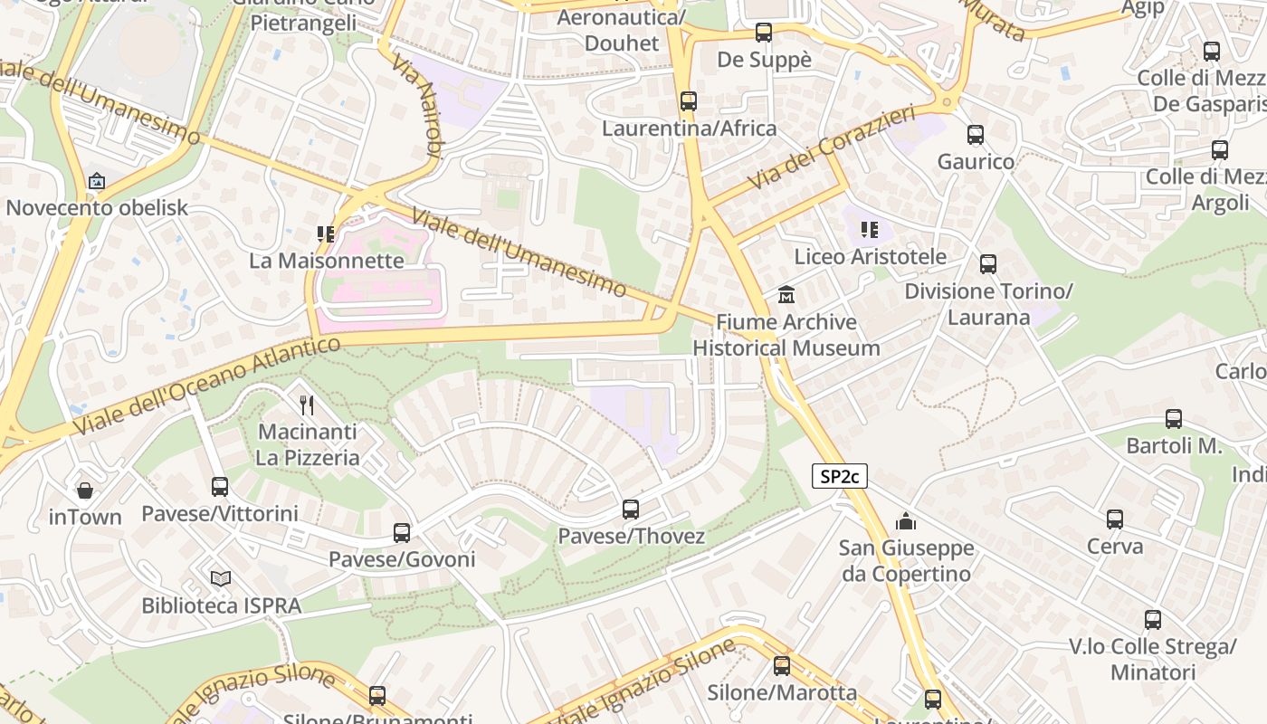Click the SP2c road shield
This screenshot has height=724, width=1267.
839,476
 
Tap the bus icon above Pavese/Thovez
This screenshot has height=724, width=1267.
631,510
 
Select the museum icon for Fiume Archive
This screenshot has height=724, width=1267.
786,295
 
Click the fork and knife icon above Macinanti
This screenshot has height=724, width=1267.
307,405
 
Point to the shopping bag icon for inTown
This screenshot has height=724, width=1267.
85,491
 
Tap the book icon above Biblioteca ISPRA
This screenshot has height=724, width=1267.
221,578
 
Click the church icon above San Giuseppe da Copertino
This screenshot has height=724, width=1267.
905,521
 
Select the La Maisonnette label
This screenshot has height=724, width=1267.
327,261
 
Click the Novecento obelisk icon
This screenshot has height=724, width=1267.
97,181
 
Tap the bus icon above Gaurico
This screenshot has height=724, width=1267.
976,135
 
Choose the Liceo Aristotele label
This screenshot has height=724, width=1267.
870,256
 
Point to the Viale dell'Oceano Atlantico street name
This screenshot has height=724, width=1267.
206,385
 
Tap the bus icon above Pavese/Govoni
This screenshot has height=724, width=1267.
402,533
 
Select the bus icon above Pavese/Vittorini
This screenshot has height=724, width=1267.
220,487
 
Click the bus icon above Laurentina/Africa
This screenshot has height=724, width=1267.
689,101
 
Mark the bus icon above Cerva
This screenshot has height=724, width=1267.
1115,519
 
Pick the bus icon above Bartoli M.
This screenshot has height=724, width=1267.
1174,419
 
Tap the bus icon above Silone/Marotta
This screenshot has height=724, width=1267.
782,666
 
